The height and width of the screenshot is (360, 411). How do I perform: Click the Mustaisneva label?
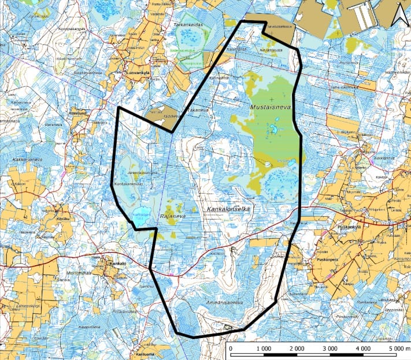click(269, 107)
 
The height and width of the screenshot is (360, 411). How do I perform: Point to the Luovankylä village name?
click(138, 73)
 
